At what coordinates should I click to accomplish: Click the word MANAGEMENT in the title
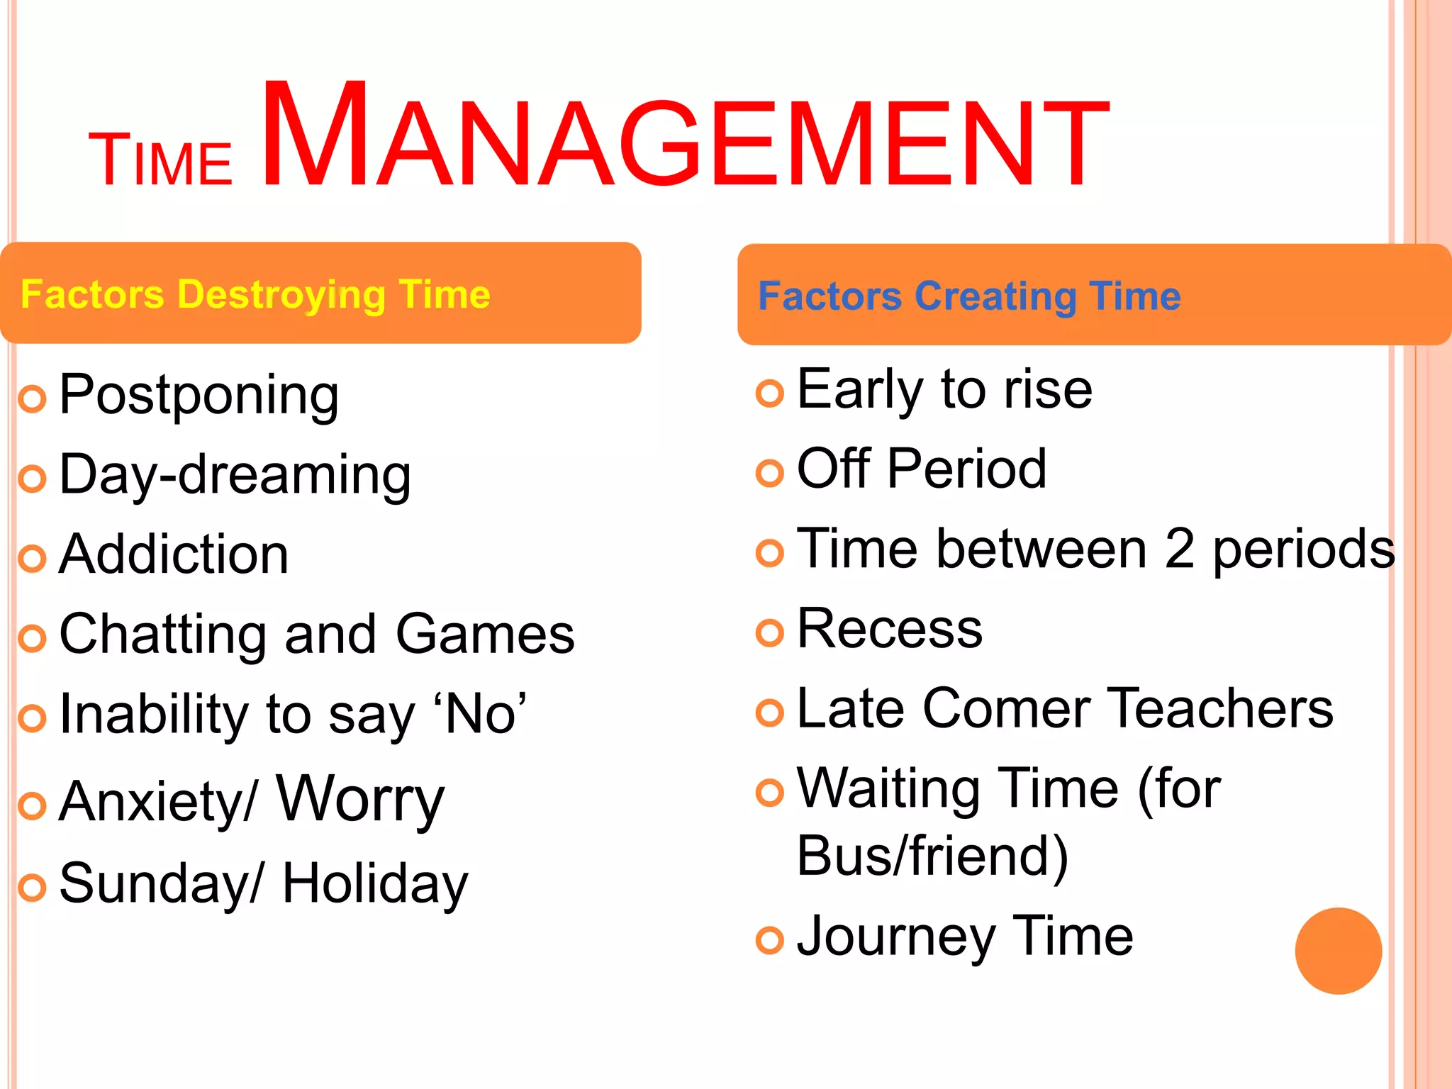coord(684,138)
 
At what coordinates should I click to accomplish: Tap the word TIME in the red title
coord(160,162)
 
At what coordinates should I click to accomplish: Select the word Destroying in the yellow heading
coord(281,295)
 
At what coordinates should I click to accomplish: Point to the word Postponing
coord(199,396)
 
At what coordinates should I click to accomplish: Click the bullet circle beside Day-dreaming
coord(32,479)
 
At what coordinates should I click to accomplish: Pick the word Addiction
coord(174,554)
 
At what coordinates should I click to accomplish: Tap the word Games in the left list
coord(485,634)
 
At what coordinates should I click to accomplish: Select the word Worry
coord(360,800)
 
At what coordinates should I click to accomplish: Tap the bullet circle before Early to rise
coord(770,393)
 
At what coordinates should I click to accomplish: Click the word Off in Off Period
coord(834,469)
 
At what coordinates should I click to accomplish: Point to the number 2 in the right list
coord(1179,549)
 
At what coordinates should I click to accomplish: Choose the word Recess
coord(890,629)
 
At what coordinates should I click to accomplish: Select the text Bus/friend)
coord(932,856)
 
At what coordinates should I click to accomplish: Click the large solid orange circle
coord(1338,951)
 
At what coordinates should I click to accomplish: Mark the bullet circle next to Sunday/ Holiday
coord(32,888)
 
